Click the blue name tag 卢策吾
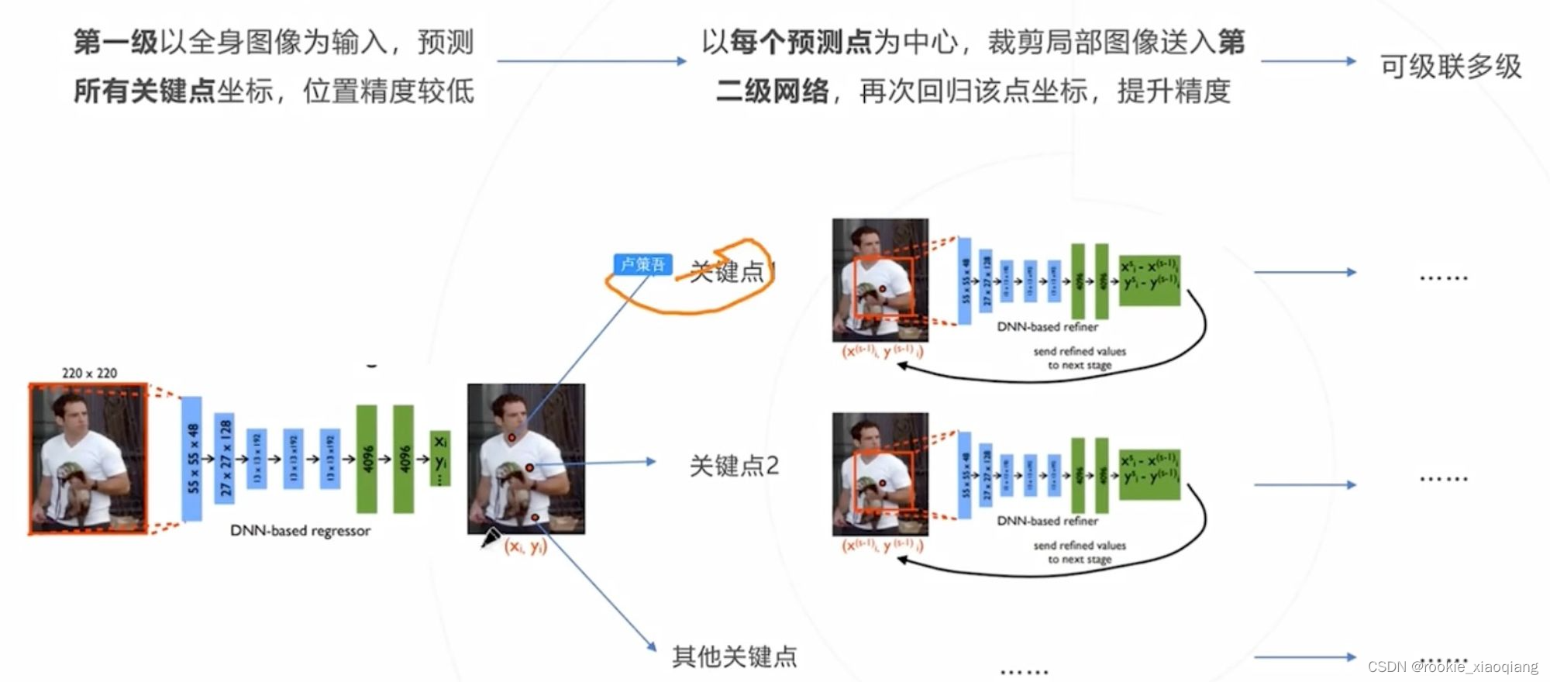(642, 264)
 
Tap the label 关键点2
(734, 466)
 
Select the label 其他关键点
(734, 656)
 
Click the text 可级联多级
(1451, 67)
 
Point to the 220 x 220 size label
(89, 373)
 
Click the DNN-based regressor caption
(300, 531)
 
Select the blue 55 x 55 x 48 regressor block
(192, 458)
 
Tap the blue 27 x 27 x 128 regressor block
(225, 458)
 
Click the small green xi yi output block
(440, 458)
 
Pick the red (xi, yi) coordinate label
(525, 546)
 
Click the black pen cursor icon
(491, 537)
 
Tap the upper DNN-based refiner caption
(1047, 327)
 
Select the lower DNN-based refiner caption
(1047, 521)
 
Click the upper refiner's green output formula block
(1149, 280)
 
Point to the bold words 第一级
(115, 43)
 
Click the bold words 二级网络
(772, 91)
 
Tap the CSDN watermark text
(1452, 666)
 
